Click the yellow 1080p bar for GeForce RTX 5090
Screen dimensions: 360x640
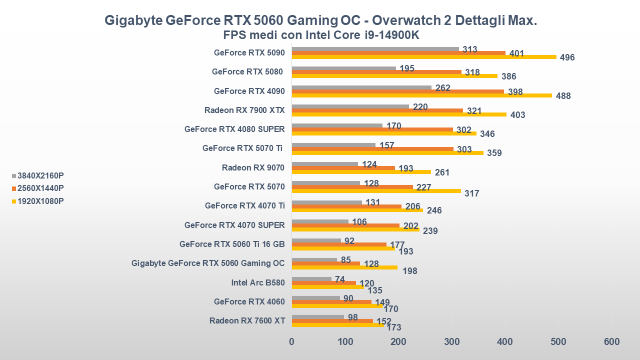[424, 57]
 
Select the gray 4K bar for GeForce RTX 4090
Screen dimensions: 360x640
[361, 87]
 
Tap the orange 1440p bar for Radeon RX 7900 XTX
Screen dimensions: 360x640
[377, 110]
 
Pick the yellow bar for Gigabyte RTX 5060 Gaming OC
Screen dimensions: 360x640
[344, 267]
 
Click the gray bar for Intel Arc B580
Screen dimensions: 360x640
[311, 279]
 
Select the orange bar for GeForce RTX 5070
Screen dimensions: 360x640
[352, 187]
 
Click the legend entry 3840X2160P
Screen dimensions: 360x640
[40, 175]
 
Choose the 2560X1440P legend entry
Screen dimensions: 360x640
[40, 188]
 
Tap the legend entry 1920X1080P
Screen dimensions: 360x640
[40, 201]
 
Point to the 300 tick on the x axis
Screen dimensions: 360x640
[451, 342]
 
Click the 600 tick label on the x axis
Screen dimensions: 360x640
[611, 342]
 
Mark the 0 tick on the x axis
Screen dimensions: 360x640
[292, 342]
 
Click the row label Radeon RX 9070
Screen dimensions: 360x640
[253, 167]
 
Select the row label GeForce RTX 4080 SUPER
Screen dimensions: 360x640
[234, 129]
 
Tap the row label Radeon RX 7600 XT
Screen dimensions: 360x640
[247, 321]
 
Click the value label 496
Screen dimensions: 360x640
[567, 57]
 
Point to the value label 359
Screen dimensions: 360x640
[494, 153]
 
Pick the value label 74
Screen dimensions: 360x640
[340, 279]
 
